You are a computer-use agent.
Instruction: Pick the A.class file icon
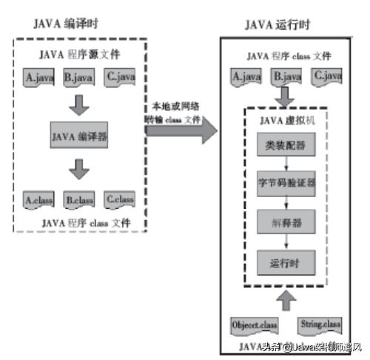pos(36,199)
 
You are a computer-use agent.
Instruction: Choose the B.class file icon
pos(78,199)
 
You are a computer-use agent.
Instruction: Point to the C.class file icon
pos(119,199)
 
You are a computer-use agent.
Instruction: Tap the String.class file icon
pos(320,324)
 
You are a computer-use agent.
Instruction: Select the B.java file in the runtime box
pos(286,76)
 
